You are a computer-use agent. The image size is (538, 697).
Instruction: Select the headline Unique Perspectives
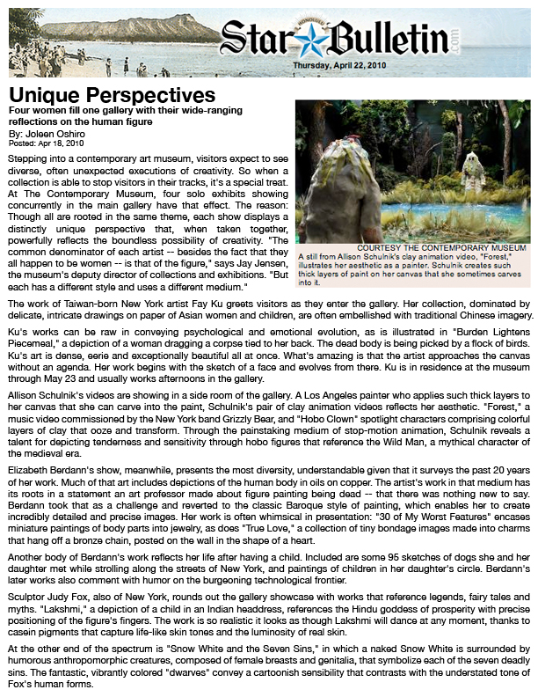coord(113,94)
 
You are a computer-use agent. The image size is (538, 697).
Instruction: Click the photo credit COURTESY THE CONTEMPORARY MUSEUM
coord(445,249)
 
